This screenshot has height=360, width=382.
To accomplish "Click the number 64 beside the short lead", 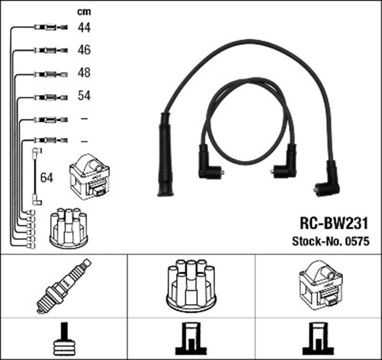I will coord(47,177).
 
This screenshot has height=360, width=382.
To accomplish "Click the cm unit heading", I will coord(84,11).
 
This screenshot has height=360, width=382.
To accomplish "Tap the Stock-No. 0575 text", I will coord(331,242).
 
